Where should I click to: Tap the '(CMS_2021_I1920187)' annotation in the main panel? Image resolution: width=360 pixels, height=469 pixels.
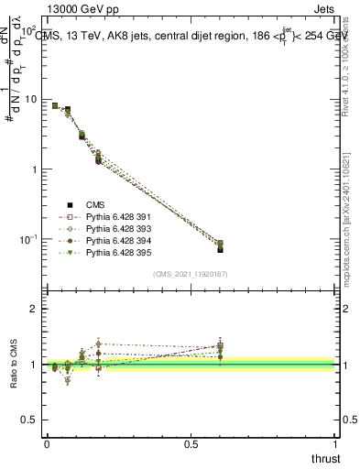coord(191,274)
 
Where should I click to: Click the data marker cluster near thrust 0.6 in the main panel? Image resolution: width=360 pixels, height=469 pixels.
coord(220,245)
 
